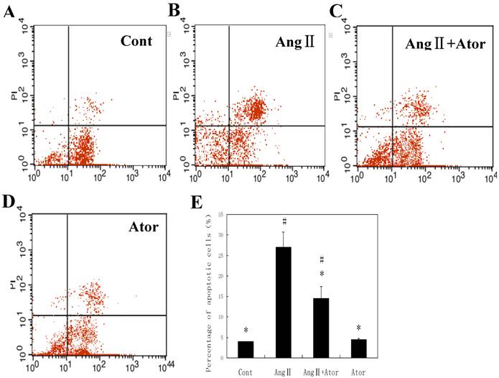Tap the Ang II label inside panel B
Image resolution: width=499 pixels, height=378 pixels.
point(294,42)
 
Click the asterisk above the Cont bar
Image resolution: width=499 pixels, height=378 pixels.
point(246,331)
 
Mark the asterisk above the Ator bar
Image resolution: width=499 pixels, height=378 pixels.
point(359,328)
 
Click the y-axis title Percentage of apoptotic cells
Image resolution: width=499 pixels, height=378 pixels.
point(207,284)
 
